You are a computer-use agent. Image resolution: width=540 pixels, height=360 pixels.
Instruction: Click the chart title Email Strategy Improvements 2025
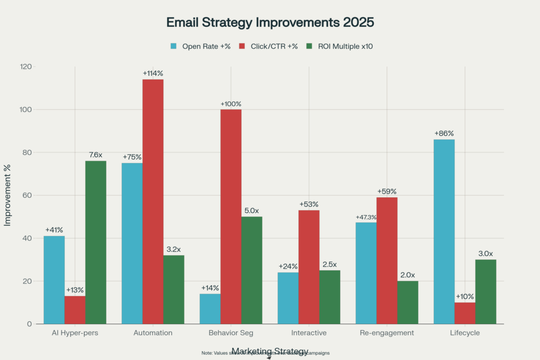click(269, 23)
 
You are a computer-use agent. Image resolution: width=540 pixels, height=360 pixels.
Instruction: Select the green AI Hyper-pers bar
click(95, 242)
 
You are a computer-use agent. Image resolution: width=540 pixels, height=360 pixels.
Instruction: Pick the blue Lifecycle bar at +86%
click(443, 231)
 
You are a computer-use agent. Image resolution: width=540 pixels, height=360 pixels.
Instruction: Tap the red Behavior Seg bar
click(231, 216)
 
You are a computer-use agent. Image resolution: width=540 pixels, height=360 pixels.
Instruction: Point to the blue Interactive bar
click(288, 298)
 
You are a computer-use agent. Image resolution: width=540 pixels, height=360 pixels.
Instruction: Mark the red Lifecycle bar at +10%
click(465, 313)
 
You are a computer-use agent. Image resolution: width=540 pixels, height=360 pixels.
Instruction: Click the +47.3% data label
click(366, 217)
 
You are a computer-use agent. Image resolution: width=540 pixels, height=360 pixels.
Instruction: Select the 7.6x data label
click(95, 155)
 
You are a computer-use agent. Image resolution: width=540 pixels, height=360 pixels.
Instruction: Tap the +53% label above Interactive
click(308, 204)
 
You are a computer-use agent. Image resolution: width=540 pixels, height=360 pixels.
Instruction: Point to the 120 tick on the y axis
click(25, 67)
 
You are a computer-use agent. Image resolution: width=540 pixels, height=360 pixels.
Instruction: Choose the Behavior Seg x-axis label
click(230, 333)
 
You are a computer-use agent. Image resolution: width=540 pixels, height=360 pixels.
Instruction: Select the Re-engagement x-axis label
click(387, 333)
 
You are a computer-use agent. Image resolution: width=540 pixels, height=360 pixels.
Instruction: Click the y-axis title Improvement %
click(7, 195)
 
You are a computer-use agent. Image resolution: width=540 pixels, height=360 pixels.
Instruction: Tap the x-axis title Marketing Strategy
click(269, 352)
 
